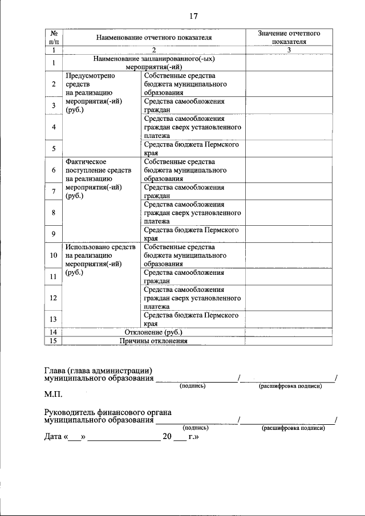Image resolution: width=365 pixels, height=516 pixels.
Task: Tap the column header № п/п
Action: point(53,38)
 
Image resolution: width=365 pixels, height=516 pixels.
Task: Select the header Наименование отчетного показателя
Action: point(154,38)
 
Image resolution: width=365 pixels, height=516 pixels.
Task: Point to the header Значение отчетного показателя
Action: point(289,38)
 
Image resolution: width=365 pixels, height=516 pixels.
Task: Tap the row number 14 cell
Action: point(53,332)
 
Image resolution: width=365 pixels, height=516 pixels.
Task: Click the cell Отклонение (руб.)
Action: point(153,332)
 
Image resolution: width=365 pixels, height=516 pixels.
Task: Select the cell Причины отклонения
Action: point(153,341)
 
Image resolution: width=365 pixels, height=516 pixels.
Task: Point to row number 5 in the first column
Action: point(53,149)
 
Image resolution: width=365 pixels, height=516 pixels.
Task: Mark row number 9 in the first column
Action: point(53,234)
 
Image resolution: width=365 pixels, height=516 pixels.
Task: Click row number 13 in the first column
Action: point(53,319)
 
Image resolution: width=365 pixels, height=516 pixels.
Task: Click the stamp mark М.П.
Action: point(53,393)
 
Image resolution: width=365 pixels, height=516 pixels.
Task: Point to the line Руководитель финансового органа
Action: point(108,412)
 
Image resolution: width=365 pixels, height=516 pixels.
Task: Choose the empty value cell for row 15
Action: point(289,341)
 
